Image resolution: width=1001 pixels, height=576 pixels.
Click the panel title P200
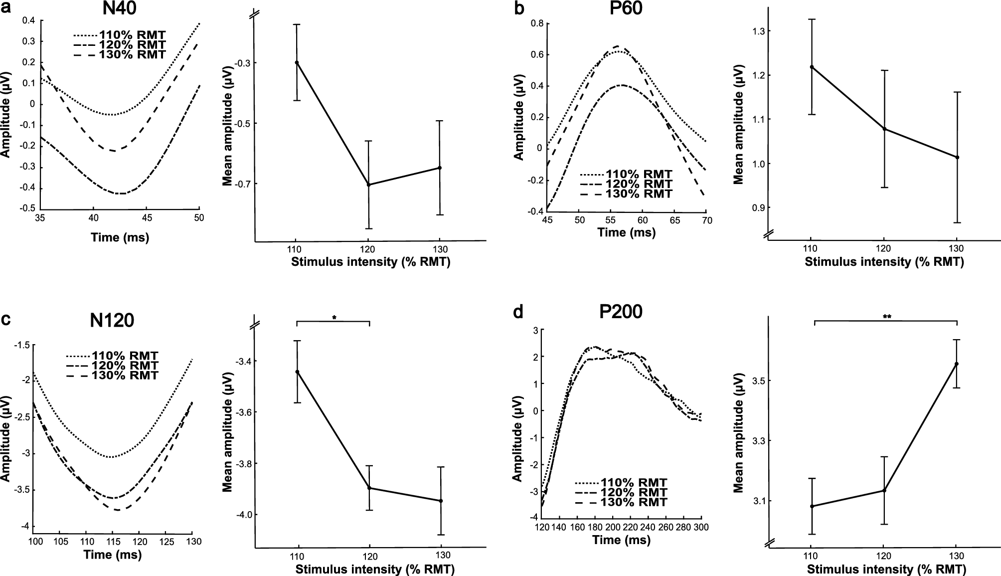click(x=620, y=312)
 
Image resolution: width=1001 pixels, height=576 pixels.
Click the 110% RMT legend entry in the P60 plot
click(x=626, y=175)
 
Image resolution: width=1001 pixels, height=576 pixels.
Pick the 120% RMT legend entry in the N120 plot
click(x=112, y=366)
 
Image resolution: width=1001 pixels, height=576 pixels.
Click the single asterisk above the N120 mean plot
click(x=334, y=318)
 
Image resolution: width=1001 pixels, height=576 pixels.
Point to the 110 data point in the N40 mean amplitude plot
click(x=297, y=62)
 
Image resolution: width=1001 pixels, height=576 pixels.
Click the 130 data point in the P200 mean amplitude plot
click(x=957, y=364)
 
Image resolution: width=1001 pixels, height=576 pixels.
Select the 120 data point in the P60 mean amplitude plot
click(x=884, y=129)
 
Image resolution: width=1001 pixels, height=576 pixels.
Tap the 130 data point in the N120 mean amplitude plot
click(x=441, y=501)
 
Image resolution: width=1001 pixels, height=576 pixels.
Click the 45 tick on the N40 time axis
click(x=147, y=218)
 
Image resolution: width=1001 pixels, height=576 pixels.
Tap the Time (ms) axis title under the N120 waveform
click(x=113, y=555)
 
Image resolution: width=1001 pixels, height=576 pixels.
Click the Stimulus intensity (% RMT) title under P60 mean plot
click(x=883, y=262)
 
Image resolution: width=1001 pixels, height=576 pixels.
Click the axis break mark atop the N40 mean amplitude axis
click(x=255, y=14)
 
